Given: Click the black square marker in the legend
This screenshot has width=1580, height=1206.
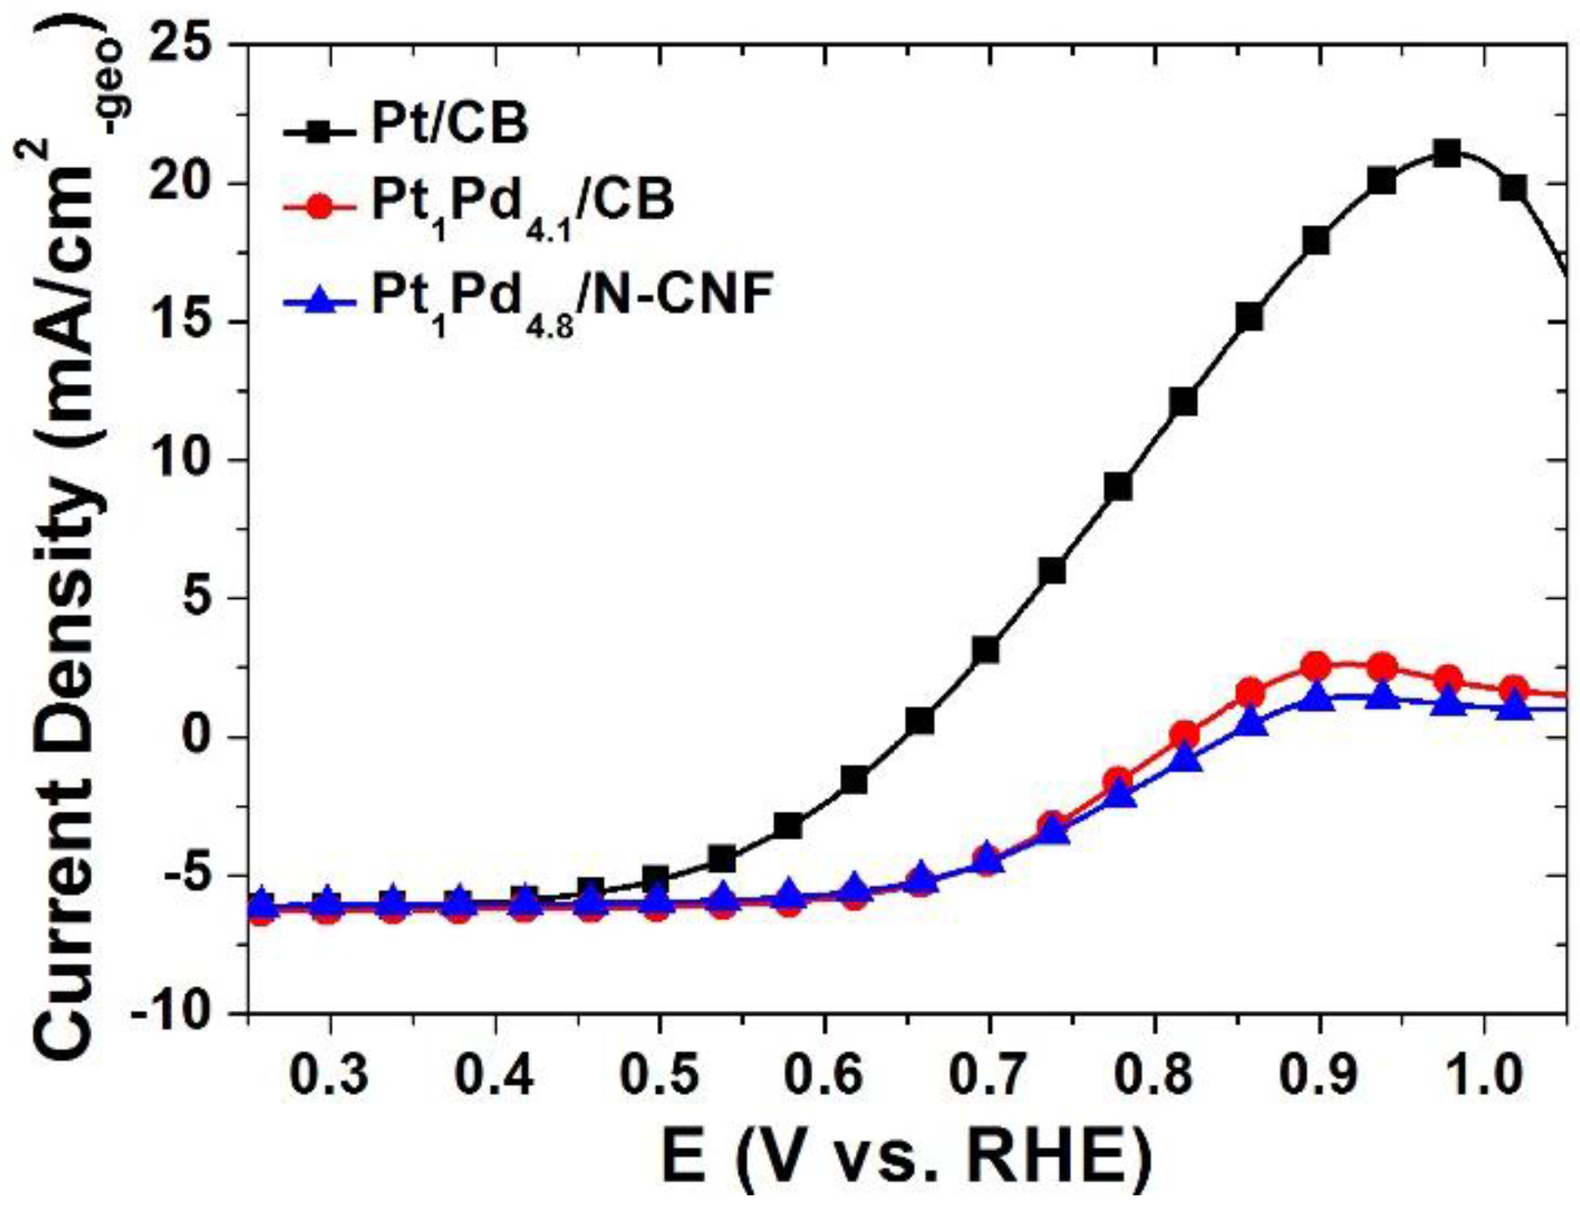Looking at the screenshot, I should [x=321, y=130].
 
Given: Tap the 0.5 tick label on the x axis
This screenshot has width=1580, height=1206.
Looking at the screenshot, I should [x=659, y=1075].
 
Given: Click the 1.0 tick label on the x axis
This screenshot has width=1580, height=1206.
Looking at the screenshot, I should [x=1483, y=1075].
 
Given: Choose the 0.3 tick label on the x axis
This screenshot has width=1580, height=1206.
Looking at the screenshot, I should [x=329, y=1075].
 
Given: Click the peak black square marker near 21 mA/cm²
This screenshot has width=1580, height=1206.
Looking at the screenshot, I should [x=1448, y=153].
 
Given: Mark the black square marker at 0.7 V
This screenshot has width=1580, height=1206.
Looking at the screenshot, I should [x=986, y=651].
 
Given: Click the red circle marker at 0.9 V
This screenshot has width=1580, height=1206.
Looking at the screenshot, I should [x=1316, y=666].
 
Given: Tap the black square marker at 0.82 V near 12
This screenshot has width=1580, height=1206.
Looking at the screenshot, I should [x=1184, y=402].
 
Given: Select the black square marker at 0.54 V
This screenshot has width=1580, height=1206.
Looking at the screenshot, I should [x=723, y=859].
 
